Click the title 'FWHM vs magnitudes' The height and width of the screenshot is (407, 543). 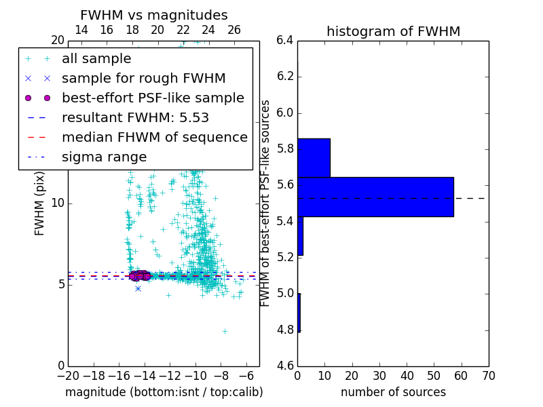[154, 16]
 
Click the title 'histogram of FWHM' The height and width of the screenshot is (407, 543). [393, 31]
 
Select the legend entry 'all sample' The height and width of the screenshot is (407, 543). [96, 59]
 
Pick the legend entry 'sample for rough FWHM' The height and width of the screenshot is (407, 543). [143, 79]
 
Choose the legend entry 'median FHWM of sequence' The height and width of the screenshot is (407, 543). [154, 138]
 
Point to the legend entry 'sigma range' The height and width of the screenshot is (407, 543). [104, 157]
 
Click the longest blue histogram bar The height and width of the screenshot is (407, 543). [375, 197]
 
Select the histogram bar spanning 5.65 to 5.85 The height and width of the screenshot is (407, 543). [314, 157]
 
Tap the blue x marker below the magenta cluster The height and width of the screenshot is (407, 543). [138, 288]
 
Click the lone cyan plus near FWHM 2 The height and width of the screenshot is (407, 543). [225, 331]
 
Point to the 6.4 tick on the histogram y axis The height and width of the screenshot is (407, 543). [285, 40]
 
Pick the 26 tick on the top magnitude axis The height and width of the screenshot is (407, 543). [234, 30]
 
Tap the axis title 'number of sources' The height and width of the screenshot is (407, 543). [393, 392]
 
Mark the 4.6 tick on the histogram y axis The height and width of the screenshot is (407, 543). [285, 366]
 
